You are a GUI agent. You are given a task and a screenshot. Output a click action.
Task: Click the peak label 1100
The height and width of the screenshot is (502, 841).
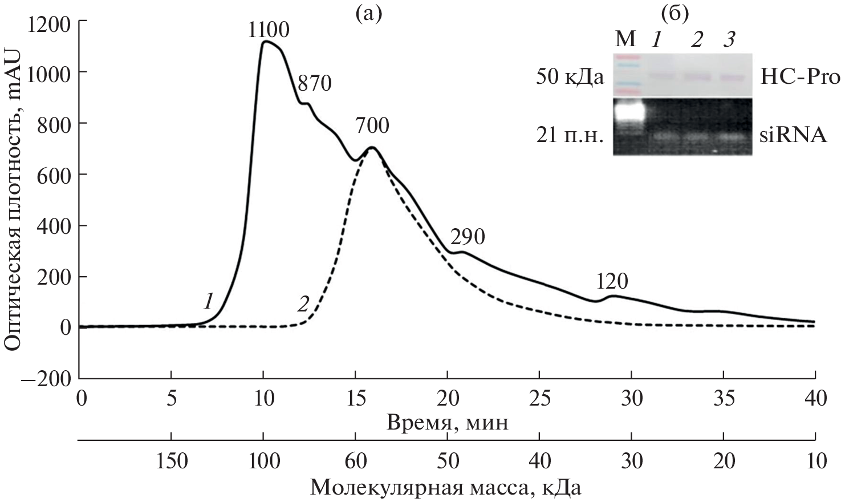[269, 30]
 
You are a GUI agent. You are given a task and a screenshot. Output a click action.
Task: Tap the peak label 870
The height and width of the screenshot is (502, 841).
[314, 84]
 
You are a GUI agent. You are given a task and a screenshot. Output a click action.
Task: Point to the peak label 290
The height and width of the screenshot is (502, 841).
[468, 237]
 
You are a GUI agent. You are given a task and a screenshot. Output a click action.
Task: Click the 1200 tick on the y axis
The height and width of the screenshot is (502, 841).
[49, 21]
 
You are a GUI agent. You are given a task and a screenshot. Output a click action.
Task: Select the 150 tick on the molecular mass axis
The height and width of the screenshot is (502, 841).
[171, 461]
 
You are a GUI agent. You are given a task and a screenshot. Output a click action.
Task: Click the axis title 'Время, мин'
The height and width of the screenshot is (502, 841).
[448, 423]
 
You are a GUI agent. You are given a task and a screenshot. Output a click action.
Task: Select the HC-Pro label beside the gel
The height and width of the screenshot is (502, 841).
[800, 78]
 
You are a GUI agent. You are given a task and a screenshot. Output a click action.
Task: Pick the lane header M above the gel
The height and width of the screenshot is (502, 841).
[625, 39]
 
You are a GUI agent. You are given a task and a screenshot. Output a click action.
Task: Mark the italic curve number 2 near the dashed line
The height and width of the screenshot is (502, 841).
[303, 304]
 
